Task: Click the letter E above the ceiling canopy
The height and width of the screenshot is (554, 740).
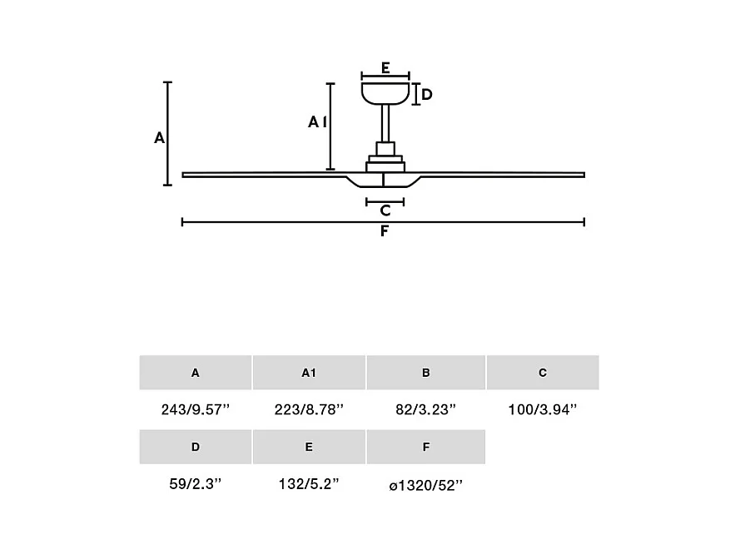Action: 385,68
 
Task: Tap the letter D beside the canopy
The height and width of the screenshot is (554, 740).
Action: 427,94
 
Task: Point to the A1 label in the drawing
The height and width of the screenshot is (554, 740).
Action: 318,122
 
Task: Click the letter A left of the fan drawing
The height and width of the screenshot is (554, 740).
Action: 160,138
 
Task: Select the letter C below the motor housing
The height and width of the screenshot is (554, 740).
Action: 385,210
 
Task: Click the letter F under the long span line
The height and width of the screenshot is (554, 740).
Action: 385,231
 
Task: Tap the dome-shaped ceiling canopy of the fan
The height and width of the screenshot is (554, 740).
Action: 385,94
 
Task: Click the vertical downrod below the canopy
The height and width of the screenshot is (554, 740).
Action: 385,123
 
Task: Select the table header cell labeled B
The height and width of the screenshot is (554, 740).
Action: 425,373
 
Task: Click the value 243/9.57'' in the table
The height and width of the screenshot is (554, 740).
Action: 196,410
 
